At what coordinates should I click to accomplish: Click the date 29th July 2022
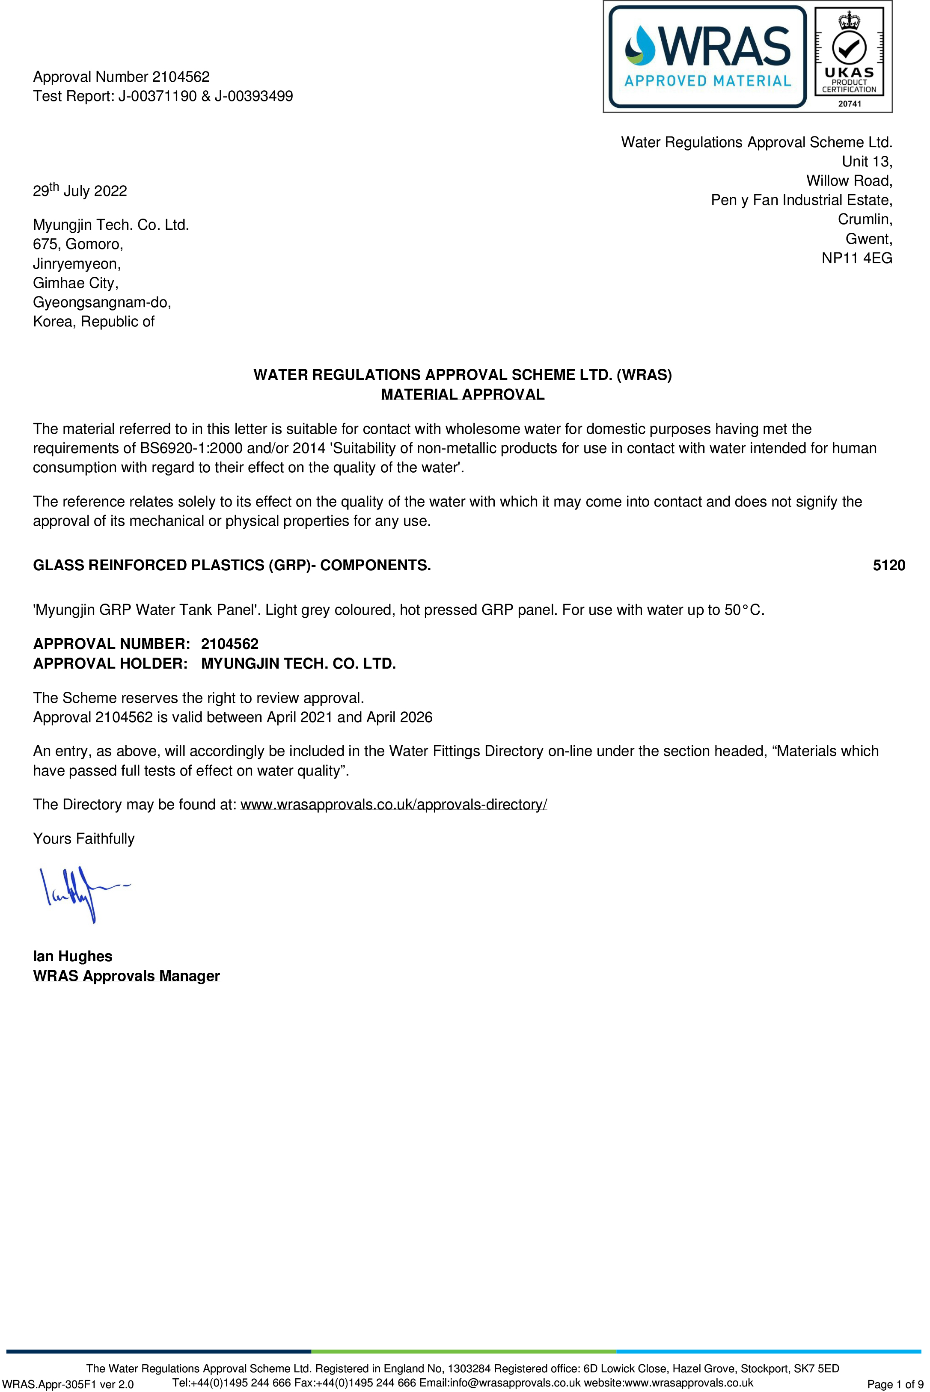click(x=80, y=190)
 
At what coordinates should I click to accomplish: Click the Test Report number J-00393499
click(x=254, y=96)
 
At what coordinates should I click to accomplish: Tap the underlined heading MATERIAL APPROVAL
click(x=463, y=394)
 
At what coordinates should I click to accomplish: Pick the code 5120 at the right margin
click(x=888, y=565)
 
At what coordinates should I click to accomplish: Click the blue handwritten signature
click(x=77, y=892)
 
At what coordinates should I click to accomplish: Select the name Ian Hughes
click(x=72, y=956)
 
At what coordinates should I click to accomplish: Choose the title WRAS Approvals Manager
click(x=126, y=975)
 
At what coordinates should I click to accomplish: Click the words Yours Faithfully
click(x=83, y=838)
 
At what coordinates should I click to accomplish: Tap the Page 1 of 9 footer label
click(x=894, y=1384)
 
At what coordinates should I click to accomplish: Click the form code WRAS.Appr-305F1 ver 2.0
click(x=68, y=1384)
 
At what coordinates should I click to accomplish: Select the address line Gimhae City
click(x=76, y=283)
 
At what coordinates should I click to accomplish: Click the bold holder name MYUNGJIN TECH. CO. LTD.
click(x=298, y=663)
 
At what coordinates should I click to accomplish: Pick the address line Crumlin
click(x=865, y=219)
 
